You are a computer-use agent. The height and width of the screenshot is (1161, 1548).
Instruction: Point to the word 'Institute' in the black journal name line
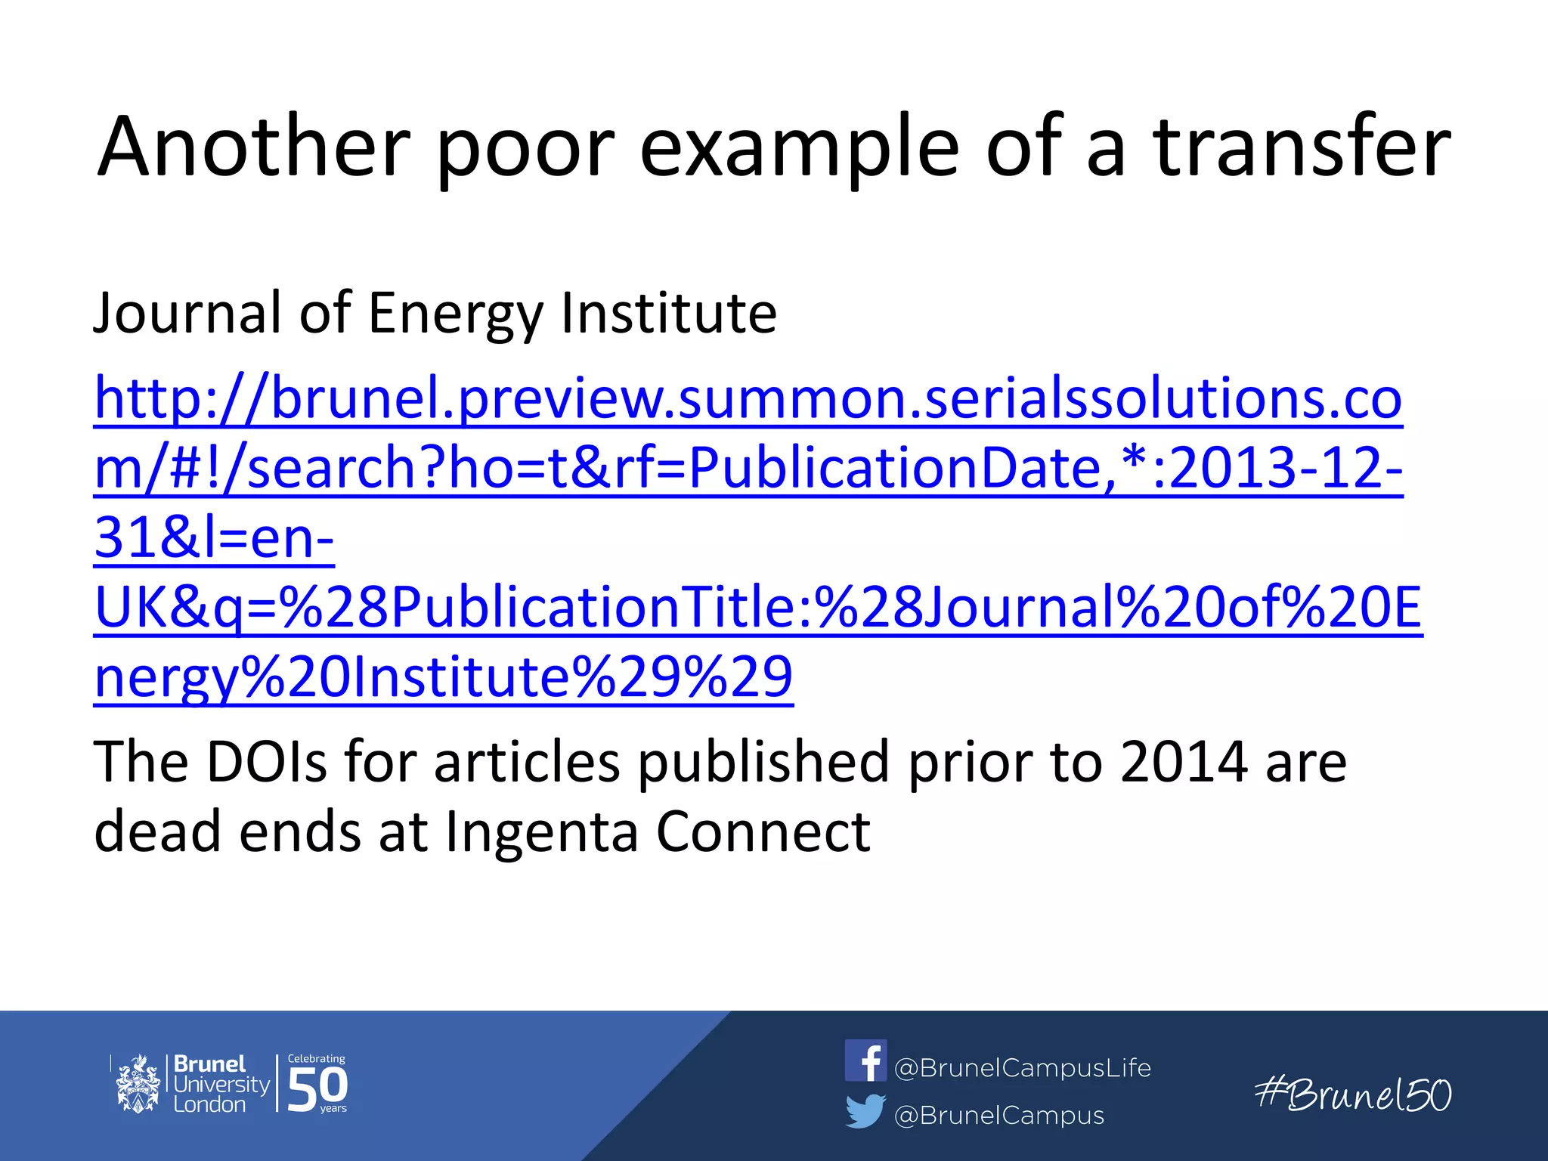pos(668,313)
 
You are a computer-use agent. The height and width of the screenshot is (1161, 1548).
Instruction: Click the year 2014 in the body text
pos(1184,762)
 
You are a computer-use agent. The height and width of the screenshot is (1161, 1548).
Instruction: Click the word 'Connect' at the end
pos(763,832)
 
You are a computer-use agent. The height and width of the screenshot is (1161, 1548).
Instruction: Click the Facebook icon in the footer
pos(865,1060)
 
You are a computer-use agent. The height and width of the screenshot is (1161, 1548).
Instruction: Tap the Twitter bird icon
pos(865,1111)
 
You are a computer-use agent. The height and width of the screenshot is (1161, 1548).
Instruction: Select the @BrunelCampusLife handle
pos(1022,1068)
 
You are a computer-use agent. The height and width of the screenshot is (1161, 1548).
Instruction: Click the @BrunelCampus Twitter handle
pos(998,1116)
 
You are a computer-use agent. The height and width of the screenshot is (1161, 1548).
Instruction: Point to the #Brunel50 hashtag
pos(1352,1094)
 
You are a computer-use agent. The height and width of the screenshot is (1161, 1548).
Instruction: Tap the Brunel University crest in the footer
pos(138,1084)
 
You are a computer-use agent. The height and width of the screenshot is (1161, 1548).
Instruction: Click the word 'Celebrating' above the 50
pos(316,1059)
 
